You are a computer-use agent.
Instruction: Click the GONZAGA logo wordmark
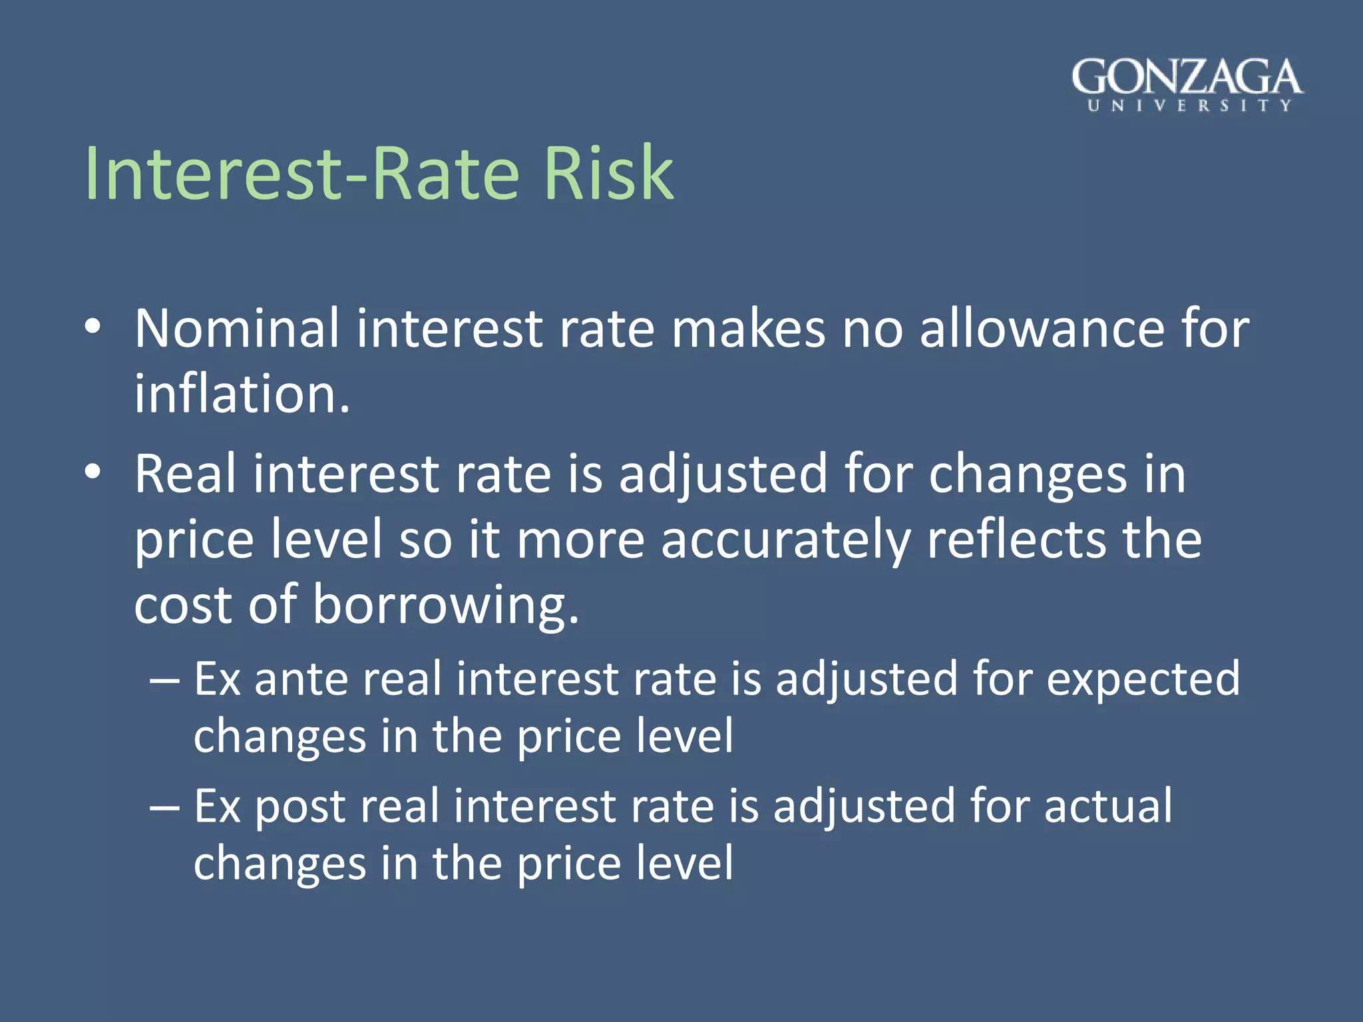click(x=1187, y=77)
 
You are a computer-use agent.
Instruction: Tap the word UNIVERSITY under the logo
click(x=1189, y=106)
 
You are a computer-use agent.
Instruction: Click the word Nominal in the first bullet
click(x=237, y=328)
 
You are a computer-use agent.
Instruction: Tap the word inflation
click(x=241, y=393)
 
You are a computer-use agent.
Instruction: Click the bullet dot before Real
click(x=93, y=472)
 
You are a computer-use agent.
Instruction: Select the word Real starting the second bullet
click(x=185, y=474)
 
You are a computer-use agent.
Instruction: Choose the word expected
click(x=1143, y=679)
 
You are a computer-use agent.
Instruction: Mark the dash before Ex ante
click(x=164, y=681)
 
